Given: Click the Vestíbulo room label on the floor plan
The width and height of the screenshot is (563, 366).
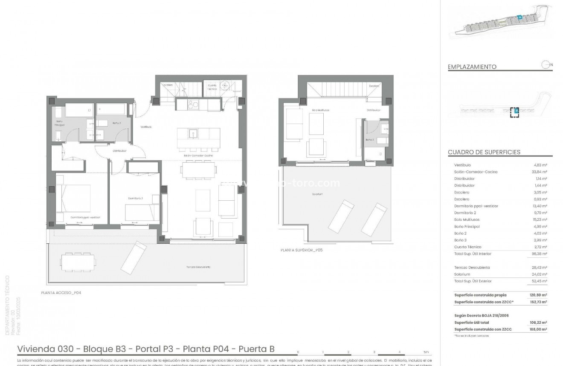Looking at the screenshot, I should [x=146, y=127].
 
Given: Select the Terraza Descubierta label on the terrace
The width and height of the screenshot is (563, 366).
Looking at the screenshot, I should [x=198, y=267].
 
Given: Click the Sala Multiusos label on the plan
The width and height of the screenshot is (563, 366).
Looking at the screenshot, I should [x=321, y=110].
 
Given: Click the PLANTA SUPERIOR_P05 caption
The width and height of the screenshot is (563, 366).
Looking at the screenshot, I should [x=302, y=250].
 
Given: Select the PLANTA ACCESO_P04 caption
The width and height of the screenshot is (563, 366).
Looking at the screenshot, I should [x=61, y=293].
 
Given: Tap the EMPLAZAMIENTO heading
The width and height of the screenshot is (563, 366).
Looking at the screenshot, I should [x=472, y=67].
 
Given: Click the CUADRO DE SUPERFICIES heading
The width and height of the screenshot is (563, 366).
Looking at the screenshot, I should [x=484, y=152].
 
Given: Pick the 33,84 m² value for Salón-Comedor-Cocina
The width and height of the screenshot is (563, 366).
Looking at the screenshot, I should [x=540, y=172].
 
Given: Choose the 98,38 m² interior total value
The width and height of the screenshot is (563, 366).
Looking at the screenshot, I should [x=540, y=254].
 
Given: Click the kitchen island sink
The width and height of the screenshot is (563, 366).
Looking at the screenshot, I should [x=193, y=133].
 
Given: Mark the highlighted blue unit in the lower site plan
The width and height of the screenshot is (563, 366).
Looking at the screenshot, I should [x=516, y=112].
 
